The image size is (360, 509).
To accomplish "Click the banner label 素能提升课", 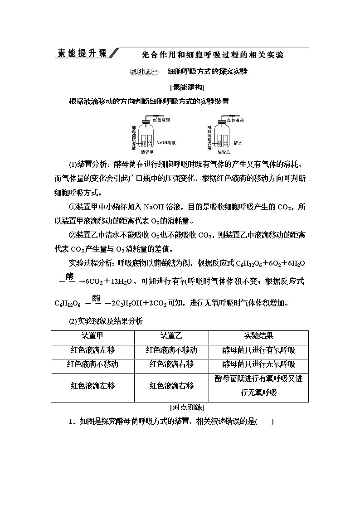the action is (81, 53).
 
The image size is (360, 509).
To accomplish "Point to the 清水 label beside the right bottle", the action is (238, 143).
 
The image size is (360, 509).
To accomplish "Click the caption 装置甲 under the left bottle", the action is (147, 152).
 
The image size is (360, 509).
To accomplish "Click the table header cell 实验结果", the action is (258, 336).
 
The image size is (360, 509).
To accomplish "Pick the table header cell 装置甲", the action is (92, 336).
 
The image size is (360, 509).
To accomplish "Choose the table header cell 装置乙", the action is (171, 336).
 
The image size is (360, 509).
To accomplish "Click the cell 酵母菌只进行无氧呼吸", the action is (258, 364).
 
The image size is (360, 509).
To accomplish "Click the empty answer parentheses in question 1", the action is (265, 422).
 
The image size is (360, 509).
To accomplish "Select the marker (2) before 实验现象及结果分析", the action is (73, 321).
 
